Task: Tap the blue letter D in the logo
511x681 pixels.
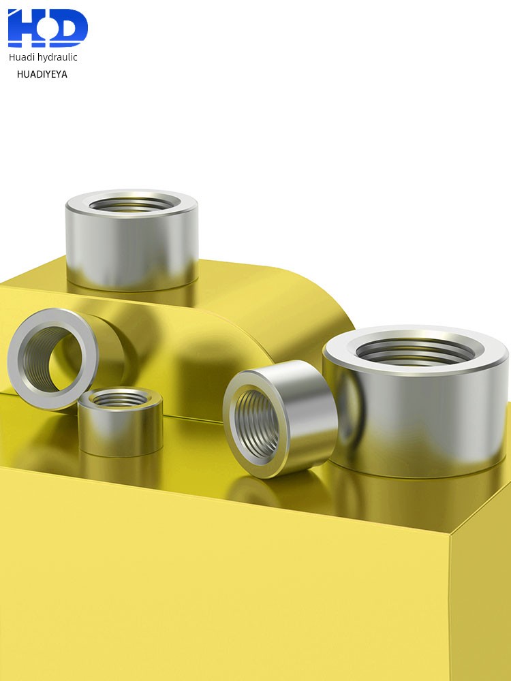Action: tap(70, 27)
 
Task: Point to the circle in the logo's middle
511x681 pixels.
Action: tap(44, 28)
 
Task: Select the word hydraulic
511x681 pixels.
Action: tap(57, 57)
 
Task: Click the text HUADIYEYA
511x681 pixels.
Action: tap(42, 74)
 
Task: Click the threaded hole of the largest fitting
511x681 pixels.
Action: tap(416, 351)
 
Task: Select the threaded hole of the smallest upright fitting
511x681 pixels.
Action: tap(121, 398)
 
